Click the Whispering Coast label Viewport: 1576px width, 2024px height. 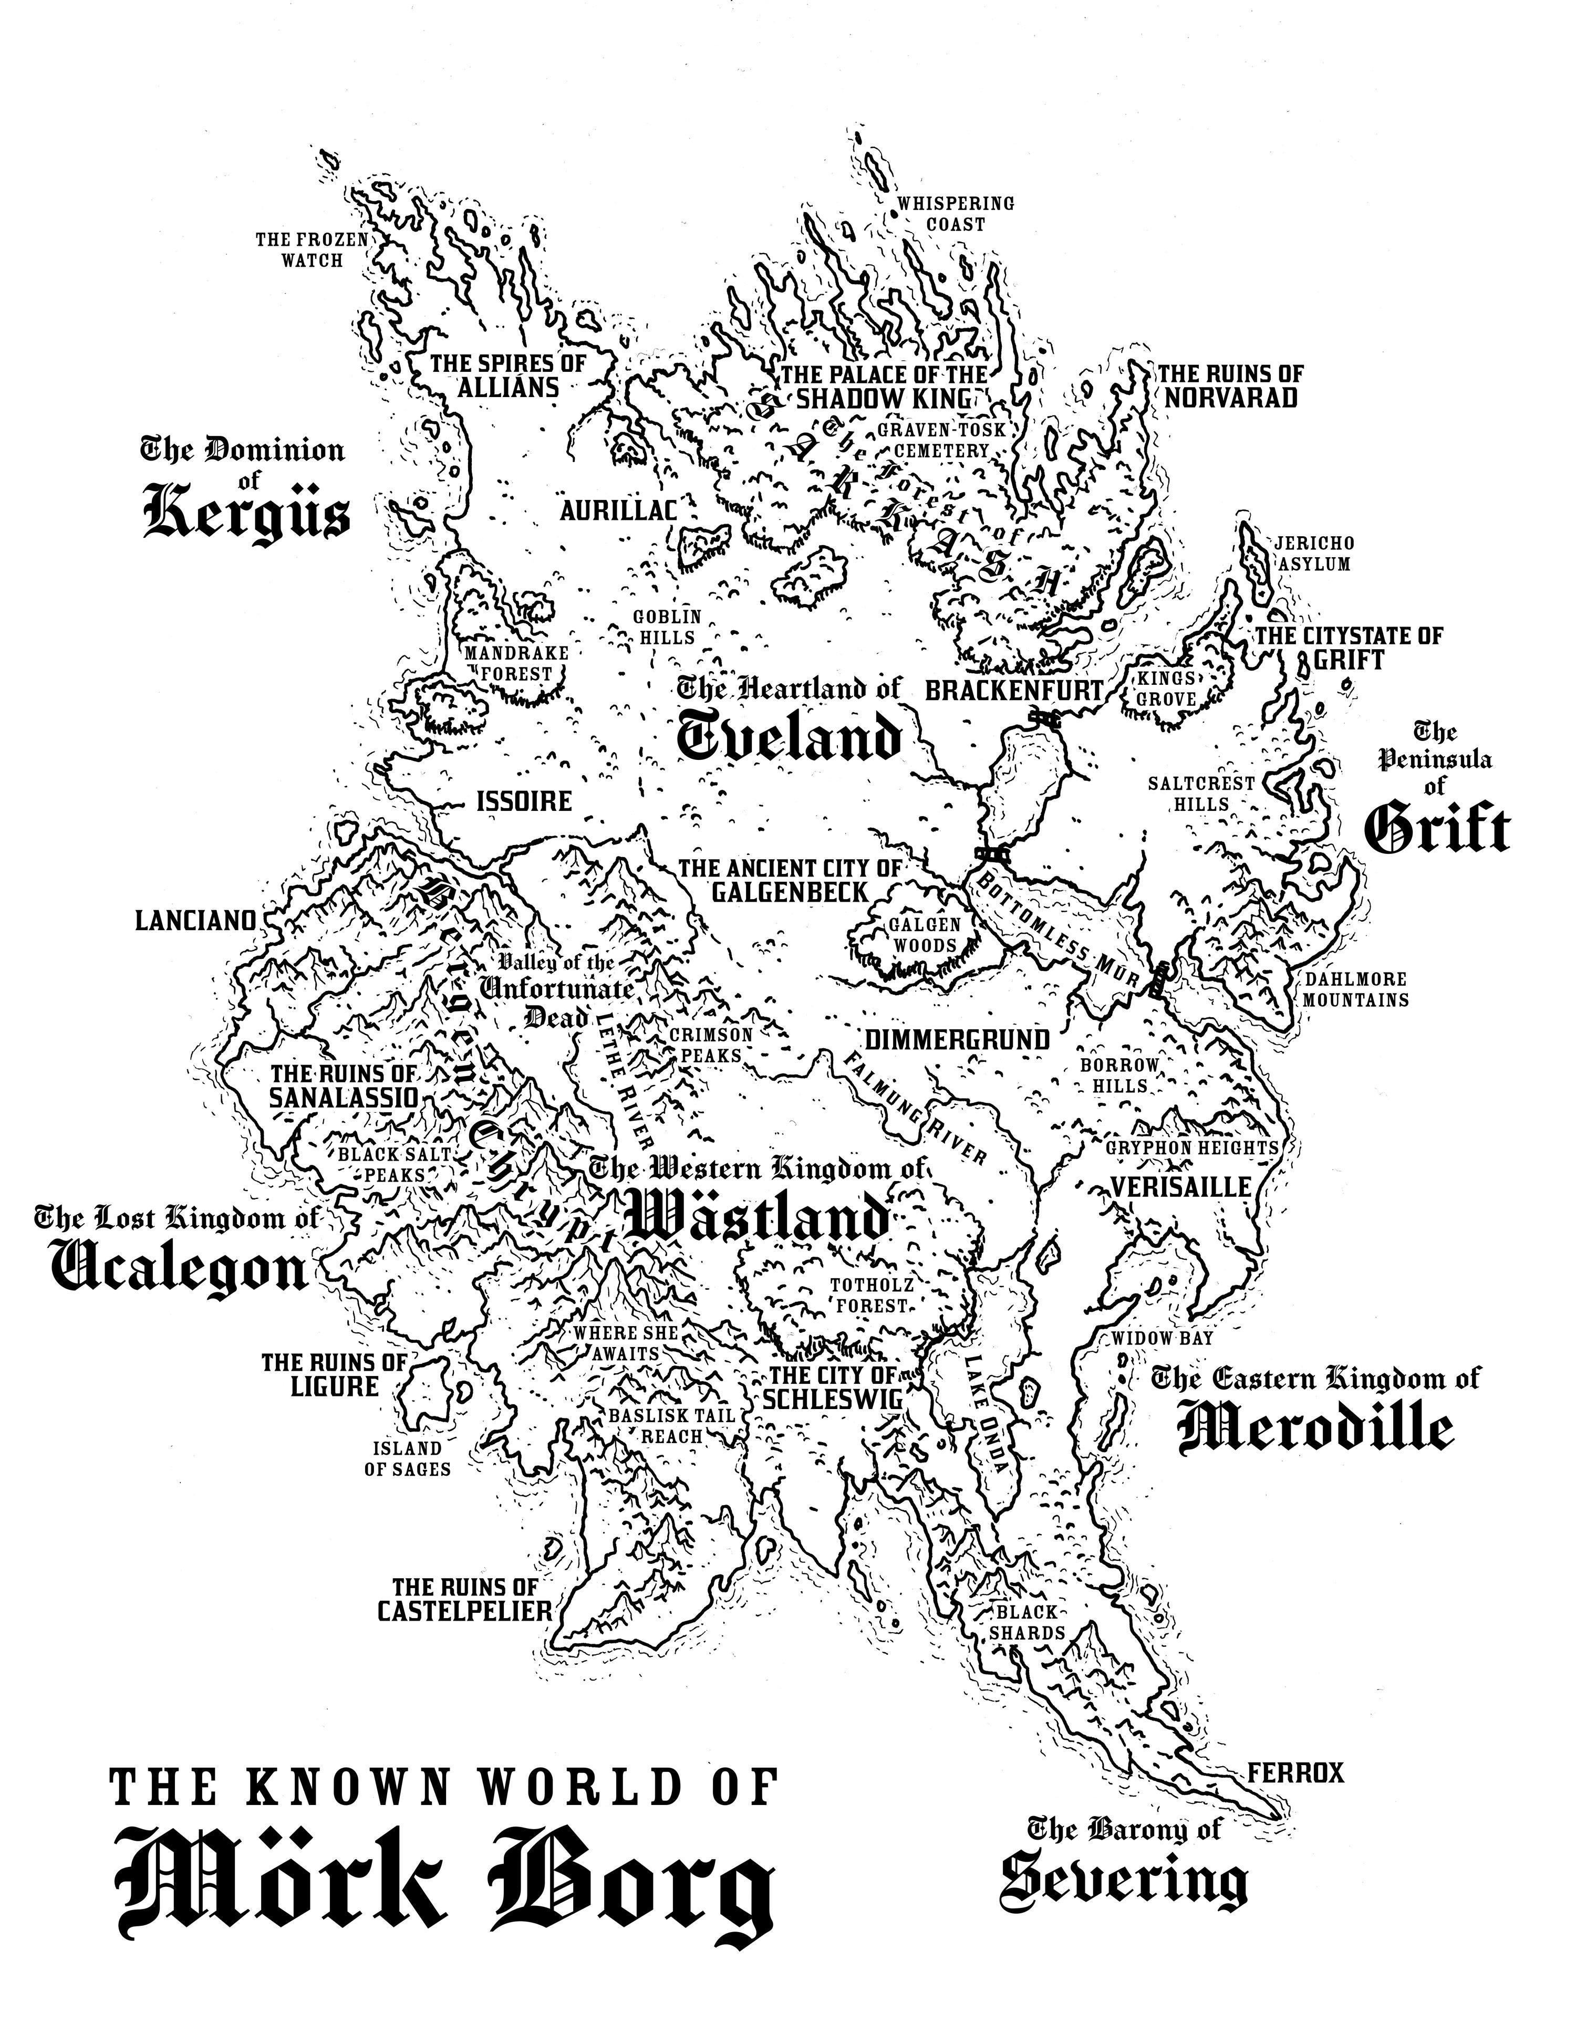[x=956, y=213]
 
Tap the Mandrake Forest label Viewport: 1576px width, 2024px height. [x=516, y=663]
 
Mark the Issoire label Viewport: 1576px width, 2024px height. [x=524, y=801]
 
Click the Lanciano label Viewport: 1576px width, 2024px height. [x=195, y=920]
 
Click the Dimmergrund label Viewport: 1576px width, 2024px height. [x=958, y=1040]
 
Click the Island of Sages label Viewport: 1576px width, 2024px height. [x=408, y=1458]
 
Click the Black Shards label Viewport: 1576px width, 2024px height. [x=1027, y=1622]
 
